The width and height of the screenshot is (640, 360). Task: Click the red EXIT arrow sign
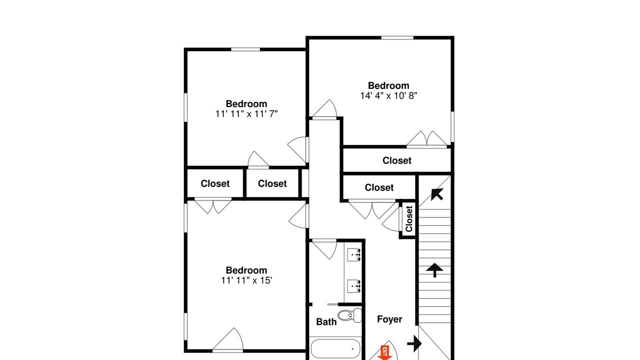click(x=384, y=353)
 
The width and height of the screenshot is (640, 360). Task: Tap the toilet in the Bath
click(x=349, y=315)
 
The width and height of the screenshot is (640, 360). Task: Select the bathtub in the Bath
click(x=335, y=349)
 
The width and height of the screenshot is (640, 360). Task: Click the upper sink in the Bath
click(x=354, y=254)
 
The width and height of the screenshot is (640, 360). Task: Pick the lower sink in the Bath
click(x=354, y=286)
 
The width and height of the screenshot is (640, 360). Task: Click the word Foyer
click(x=389, y=319)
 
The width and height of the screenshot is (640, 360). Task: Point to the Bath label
click(x=326, y=322)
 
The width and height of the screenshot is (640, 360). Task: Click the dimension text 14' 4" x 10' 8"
click(x=388, y=95)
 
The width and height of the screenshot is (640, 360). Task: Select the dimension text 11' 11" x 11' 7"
click(x=246, y=114)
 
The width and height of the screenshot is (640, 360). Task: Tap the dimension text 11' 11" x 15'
click(x=246, y=280)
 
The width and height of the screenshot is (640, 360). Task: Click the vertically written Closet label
click(x=409, y=219)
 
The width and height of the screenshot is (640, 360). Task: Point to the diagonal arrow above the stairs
click(x=437, y=194)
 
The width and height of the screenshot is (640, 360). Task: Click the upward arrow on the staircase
click(x=434, y=270)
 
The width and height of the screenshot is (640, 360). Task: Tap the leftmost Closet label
click(x=215, y=183)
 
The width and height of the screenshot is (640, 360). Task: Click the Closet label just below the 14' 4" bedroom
click(x=397, y=160)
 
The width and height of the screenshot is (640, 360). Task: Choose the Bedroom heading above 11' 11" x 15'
click(x=246, y=270)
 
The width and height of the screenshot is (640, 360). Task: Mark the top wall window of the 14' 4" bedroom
click(x=397, y=37)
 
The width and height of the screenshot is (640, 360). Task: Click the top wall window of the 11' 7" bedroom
click(x=245, y=49)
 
